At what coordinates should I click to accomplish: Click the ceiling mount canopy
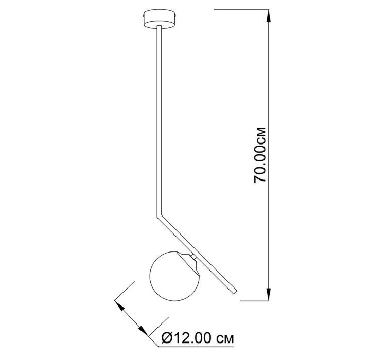click(x=159, y=19)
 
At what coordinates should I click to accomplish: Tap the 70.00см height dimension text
click(x=260, y=155)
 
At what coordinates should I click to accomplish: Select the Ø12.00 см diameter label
click(x=198, y=338)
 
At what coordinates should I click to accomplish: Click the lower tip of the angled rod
click(x=235, y=292)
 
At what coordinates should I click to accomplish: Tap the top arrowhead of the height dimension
click(x=269, y=16)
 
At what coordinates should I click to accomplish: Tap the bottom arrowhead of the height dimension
click(x=269, y=294)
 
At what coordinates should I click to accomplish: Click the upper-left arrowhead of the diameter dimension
click(x=120, y=306)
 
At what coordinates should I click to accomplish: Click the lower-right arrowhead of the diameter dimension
click(x=143, y=331)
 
